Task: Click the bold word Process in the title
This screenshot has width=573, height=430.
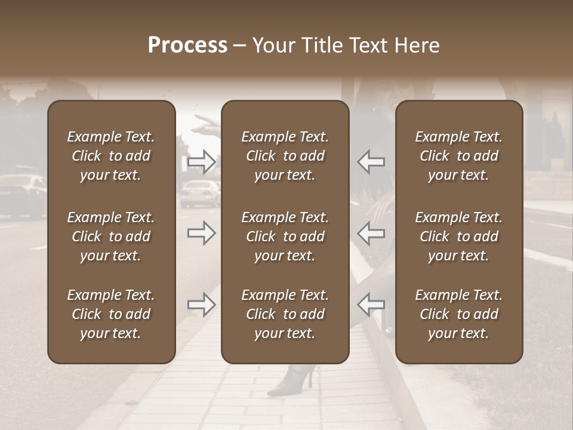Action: pos(187,45)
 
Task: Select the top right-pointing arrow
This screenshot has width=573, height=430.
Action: pos(202,162)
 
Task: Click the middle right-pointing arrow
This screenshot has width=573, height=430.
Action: pos(202,233)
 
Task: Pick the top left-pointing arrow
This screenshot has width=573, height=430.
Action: pos(371,162)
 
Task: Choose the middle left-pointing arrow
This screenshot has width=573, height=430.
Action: pos(371,233)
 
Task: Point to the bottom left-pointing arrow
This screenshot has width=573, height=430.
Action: pos(371,305)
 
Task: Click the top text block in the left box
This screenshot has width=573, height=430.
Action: pos(111,156)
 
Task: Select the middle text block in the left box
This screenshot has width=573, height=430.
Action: pos(111,236)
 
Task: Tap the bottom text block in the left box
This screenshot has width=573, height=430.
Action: pos(111,314)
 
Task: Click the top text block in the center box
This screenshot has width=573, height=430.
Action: pos(285,156)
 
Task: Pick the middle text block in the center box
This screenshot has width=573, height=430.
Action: pos(285,236)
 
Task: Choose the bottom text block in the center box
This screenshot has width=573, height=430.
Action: pos(285,314)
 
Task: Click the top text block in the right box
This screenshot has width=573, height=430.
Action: pos(458,156)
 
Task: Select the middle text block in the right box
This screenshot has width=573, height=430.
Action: pos(458,236)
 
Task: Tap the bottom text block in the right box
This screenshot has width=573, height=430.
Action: pos(458,314)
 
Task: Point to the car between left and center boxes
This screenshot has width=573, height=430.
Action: pos(199,193)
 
